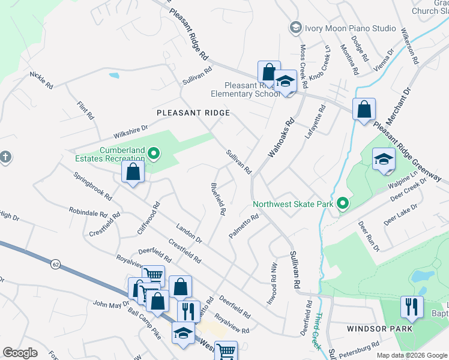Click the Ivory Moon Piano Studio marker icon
(x=295, y=28)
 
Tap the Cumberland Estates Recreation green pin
(x=153, y=154)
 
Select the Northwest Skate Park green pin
(x=342, y=204)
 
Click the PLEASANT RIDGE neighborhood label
(x=193, y=113)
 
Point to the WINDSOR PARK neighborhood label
(x=379, y=329)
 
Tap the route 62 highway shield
(x=55, y=263)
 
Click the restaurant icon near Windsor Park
(x=411, y=307)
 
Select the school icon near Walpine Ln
(x=384, y=159)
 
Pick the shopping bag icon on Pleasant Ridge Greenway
(x=364, y=109)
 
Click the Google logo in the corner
(x=20, y=353)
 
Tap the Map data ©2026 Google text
(x=411, y=355)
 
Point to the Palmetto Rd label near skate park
(x=244, y=227)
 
